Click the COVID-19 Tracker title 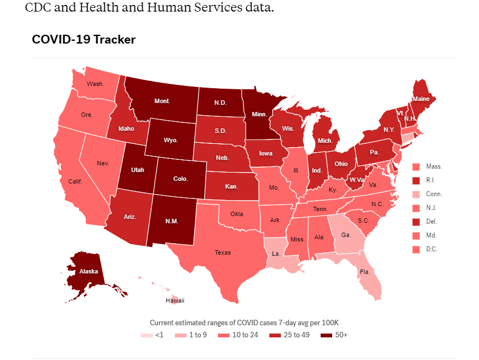pos(84,40)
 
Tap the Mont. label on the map pos(162,101)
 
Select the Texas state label pos(223,253)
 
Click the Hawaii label pos(175,301)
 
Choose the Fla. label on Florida pos(365,272)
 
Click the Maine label pos(420,99)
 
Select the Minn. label pos(260,115)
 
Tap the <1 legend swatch pos(145,335)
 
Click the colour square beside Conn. pos(417,194)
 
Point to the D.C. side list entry pos(434,249)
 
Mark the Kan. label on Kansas pos(231,187)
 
